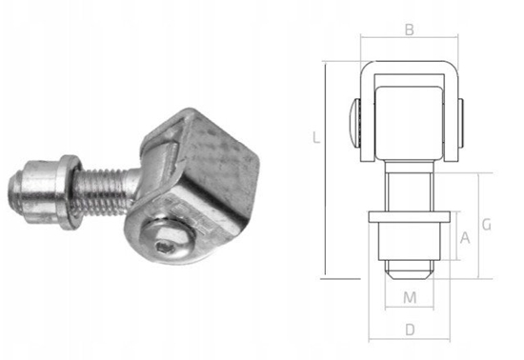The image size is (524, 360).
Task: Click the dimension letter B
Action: [x=410, y=30]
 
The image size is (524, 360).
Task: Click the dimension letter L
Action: [x=315, y=137]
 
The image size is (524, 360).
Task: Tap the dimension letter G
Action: [x=487, y=225]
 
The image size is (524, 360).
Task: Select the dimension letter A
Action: [x=465, y=238]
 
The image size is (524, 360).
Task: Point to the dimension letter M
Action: [x=410, y=297]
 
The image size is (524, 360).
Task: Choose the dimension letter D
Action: [x=410, y=330]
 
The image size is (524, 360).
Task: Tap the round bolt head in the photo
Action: [x=167, y=239]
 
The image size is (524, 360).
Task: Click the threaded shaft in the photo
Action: [x=104, y=192]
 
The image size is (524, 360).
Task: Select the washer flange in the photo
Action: [x=70, y=192]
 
